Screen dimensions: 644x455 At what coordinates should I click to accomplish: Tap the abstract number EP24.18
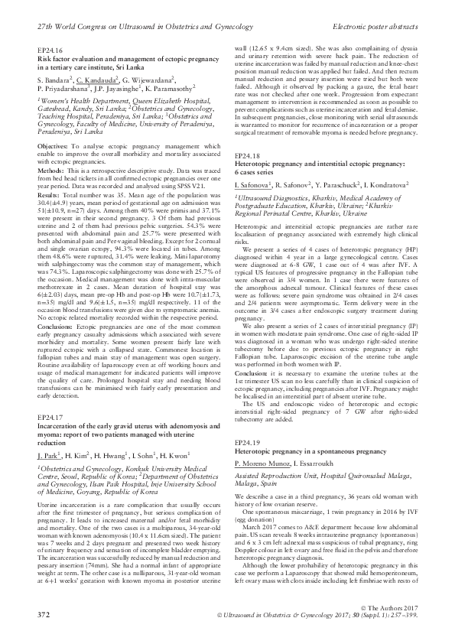click(244, 155)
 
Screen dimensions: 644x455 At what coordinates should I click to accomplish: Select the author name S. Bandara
click(53, 78)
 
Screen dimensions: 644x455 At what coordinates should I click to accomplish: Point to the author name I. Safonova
click(251, 184)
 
